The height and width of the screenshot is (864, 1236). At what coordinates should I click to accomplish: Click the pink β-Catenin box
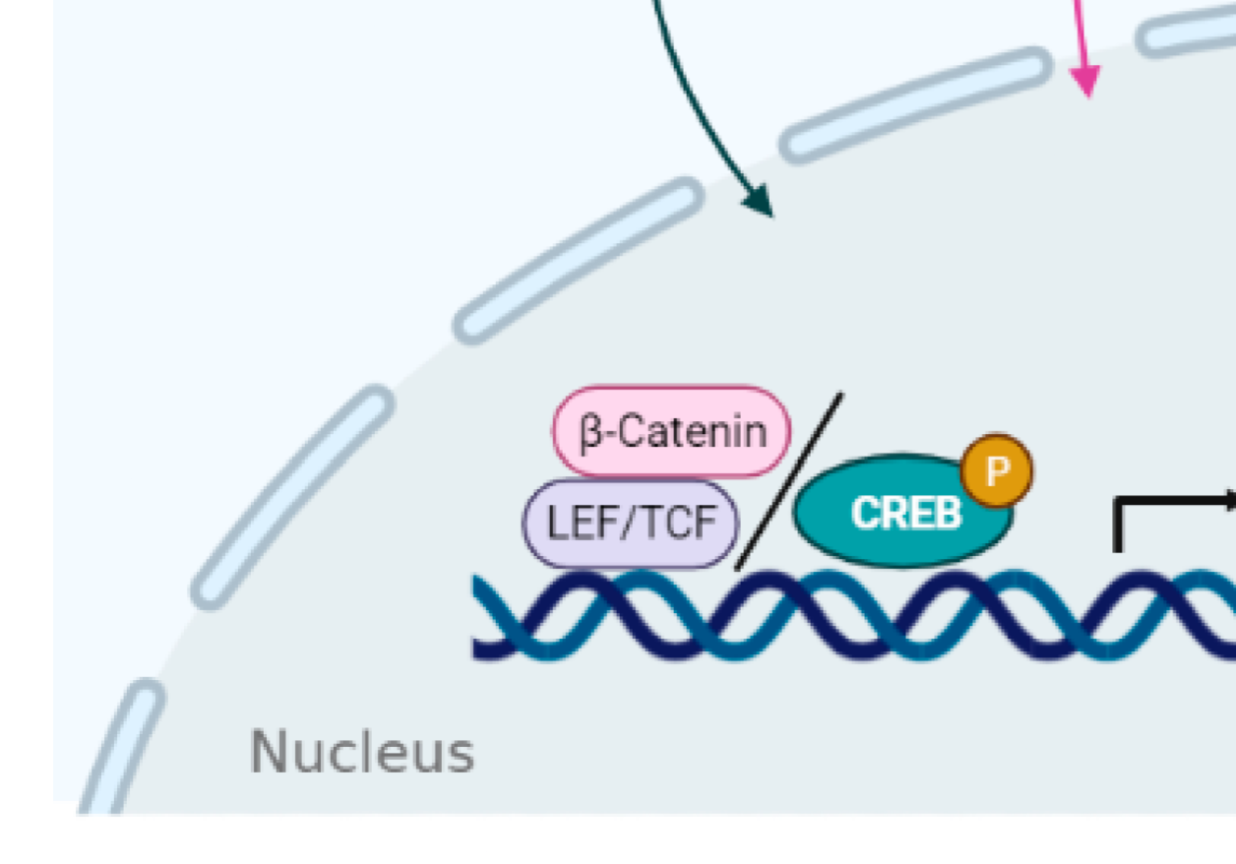coord(671,431)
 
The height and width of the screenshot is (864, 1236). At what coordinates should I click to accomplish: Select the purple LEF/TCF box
coord(630,524)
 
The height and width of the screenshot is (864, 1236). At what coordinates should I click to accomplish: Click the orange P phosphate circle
coord(997,470)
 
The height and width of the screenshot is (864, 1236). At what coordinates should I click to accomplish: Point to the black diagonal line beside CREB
coord(789,481)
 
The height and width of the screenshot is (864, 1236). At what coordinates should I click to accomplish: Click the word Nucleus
coord(362,752)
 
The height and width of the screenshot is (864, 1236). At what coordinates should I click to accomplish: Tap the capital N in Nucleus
coord(269,751)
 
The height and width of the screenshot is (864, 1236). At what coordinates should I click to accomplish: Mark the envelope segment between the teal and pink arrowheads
coord(916,105)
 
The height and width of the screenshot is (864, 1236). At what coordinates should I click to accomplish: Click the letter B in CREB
coord(946,513)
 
